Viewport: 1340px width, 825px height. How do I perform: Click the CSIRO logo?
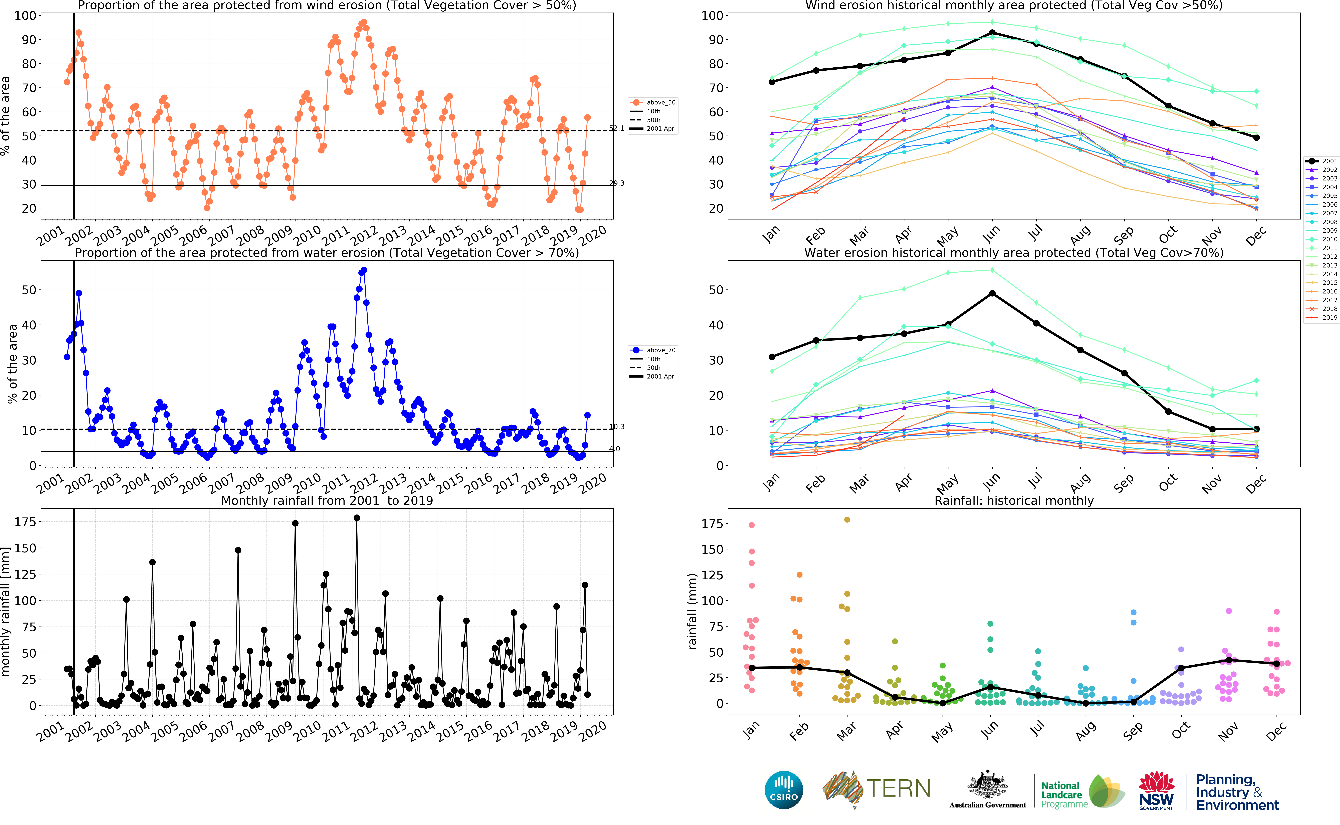[x=784, y=790]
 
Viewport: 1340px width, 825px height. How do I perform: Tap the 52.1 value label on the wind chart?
[x=617, y=128]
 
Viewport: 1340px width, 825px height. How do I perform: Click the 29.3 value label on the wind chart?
[x=617, y=183]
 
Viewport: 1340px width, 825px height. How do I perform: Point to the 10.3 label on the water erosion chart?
[x=617, y=427]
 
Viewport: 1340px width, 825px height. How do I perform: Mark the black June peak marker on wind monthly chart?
[x=992, y=33]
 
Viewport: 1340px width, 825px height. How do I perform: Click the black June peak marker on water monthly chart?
[x=992, y=294]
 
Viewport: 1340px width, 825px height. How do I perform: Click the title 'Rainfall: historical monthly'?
[x=1014, y=501]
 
